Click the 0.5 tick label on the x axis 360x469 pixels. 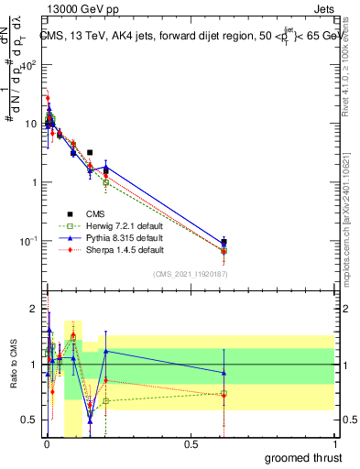click(191, 444)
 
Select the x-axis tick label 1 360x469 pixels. click(334, 444)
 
